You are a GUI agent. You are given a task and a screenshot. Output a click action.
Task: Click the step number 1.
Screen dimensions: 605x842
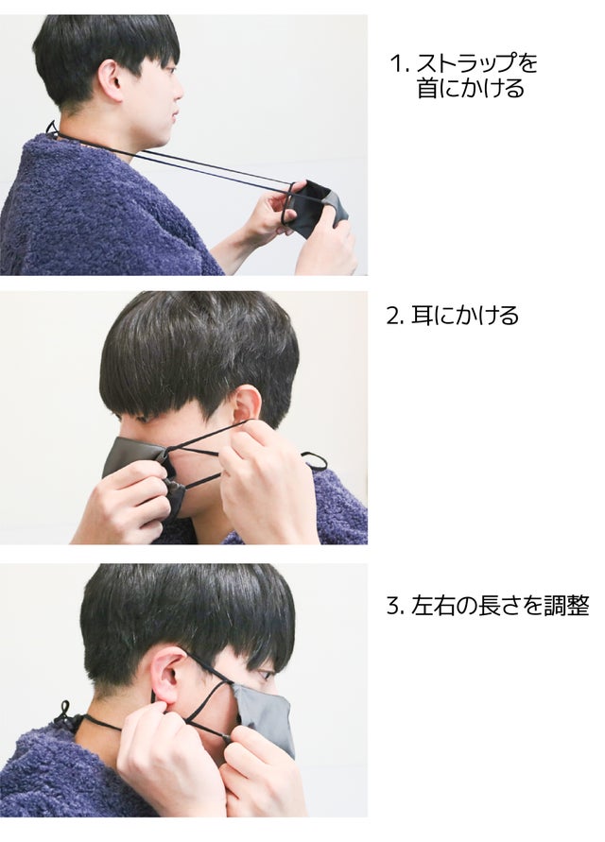pyautogui.click(x=398, y=64)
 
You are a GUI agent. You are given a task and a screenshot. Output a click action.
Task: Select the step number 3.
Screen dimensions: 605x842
pyautogui.click(x=395, y=607)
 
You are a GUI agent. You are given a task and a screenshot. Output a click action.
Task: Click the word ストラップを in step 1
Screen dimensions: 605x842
pyautogui.click(x=476, y=64)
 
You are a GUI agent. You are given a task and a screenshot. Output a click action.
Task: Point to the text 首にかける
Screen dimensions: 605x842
pyautogui.click(x=470, y=89)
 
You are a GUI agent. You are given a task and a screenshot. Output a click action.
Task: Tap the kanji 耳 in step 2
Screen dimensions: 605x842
pyautogui.click(x=421, y=316)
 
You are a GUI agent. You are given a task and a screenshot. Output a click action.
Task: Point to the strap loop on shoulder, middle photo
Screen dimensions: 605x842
pyautogui.click(x=315, y=461)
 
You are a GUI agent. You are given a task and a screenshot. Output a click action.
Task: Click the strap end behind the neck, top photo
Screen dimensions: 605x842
pyautogui.click(x=52, y=129)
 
